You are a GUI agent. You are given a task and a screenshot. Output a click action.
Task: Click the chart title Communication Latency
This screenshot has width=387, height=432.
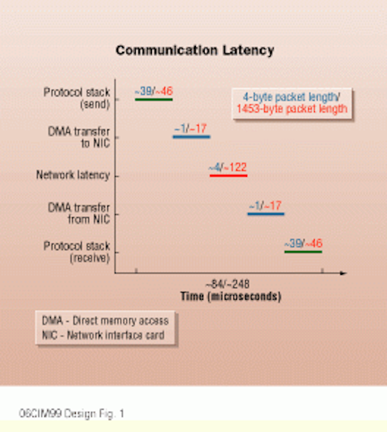point(195,51)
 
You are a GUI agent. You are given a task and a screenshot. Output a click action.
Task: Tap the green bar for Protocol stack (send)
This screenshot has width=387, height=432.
point(154,99)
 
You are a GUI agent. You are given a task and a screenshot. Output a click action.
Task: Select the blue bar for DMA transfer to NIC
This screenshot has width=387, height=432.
point(192,136)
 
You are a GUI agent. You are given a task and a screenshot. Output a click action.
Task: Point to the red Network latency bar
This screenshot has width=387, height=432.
point(228,175)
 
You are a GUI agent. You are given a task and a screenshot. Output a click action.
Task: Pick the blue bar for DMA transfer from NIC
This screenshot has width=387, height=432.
point(266,214)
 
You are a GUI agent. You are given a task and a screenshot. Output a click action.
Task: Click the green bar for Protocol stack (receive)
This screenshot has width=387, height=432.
point(303,252)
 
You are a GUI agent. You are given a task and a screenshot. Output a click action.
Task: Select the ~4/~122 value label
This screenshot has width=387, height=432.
point(228,167)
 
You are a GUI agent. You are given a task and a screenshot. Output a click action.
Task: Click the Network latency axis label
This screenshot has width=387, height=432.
point(73,175)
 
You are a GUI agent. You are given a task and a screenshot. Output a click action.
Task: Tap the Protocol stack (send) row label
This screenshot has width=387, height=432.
point(77,98)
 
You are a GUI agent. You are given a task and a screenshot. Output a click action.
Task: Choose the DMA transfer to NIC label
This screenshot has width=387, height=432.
point(79,137)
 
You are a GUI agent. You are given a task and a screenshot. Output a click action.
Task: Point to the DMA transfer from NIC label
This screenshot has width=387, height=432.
point(79,213)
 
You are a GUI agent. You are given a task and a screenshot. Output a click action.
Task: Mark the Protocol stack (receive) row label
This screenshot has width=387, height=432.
point(77,252)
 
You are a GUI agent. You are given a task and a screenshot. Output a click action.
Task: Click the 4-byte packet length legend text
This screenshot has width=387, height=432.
point(291,97)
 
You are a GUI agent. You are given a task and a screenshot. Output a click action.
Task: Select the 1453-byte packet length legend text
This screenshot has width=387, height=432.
point(292,109)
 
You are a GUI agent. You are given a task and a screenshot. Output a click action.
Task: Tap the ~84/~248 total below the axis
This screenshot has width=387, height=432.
point(228,284)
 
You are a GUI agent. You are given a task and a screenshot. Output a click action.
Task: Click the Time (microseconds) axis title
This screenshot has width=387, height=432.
point(231,296)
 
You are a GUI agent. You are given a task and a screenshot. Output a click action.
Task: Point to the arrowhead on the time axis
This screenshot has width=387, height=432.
point(344,273)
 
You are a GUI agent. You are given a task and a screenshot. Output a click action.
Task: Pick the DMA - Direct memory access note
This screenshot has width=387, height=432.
point(105,321)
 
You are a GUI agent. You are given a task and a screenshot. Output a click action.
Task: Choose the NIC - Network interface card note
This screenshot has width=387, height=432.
point(103,335)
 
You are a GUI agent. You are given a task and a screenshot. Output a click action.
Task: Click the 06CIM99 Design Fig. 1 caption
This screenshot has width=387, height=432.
point(72,414)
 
